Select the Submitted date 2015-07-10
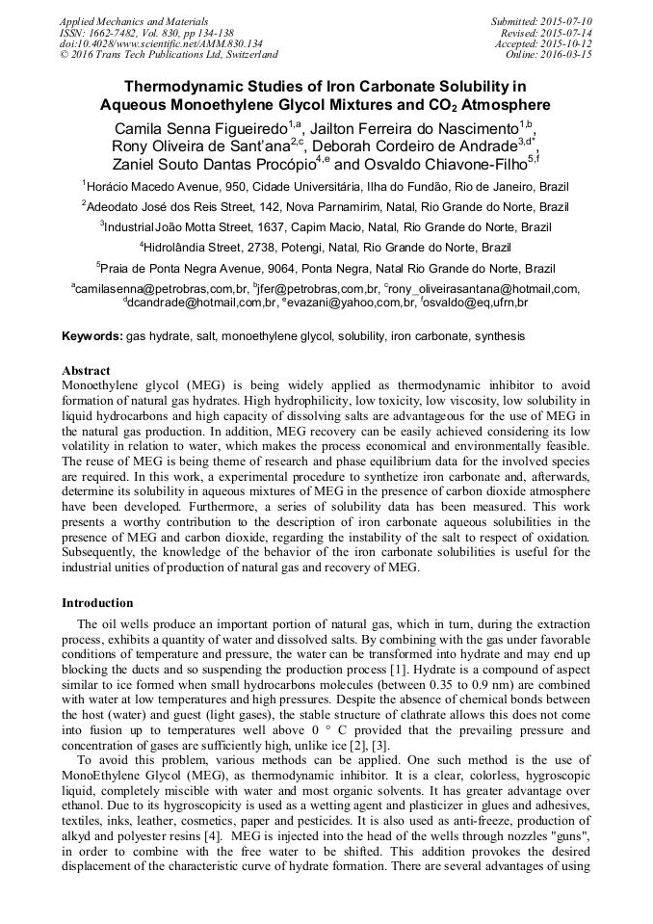coord(567,20)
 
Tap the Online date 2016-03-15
coord(567,55)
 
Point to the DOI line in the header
coord(161,43)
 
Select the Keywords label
coord(91,336)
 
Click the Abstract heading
coord(86,370)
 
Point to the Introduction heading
coord(97,602)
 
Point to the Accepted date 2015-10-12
coord(567,43)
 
